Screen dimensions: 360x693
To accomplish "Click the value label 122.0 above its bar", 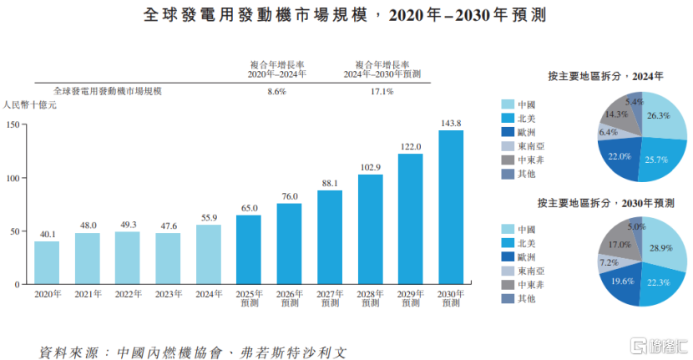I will pyautogui.click(x=410, y=146).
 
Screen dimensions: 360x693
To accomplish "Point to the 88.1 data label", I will pyautogui.click(x=330, y=183).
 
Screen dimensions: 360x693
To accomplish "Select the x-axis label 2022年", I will pyautogui.click(x=128, y=294).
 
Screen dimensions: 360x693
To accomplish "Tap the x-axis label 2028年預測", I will pyautogui.click(x=370, y=298).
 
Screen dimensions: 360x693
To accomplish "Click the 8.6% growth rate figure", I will pyautogui.click(x=276, y=91).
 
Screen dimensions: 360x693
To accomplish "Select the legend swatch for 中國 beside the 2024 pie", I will pyautogui.click(x=507, y=105).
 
